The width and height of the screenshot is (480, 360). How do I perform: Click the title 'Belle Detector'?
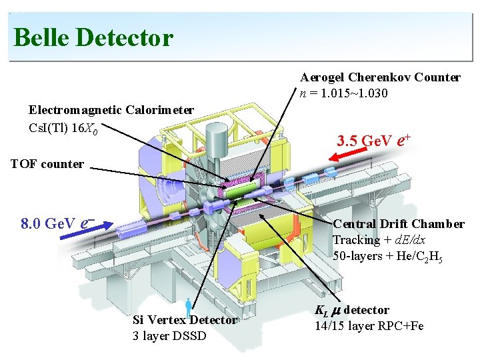click(x=94, y=37)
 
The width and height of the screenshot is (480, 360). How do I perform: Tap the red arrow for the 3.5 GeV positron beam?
click(x=348, y=154)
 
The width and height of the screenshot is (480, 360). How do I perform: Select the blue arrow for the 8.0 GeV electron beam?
click(x=86, y=230)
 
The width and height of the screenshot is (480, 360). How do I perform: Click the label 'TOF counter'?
click(x=47, y=164)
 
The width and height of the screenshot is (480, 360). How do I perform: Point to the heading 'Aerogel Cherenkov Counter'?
click(x=381, y=77)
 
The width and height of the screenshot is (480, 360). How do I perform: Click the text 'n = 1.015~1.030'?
click(x=344, y=93)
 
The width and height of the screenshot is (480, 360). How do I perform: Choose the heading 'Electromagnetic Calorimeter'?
click(x=111, y=110)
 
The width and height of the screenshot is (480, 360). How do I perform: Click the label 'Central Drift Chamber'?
click(x=399, y=224)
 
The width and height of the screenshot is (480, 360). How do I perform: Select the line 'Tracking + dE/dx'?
click(x=379, y=240)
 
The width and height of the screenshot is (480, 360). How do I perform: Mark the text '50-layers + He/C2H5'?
click(x=387, y=257)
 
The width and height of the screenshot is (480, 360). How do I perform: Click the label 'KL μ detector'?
click(x=352, y=311)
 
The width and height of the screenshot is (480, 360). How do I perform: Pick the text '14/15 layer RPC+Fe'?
click(x=369, y=326)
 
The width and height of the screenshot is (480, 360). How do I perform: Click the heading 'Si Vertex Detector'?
click(x=185, y=320)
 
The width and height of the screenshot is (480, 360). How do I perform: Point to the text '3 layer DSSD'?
click(x=169, y=336)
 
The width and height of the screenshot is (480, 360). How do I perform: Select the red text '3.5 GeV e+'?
click(x=373, y=141)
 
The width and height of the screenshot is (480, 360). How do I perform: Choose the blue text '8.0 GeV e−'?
click(x=58, y=223)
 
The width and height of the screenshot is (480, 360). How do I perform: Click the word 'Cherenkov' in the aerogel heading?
click(x=380, y=77)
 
